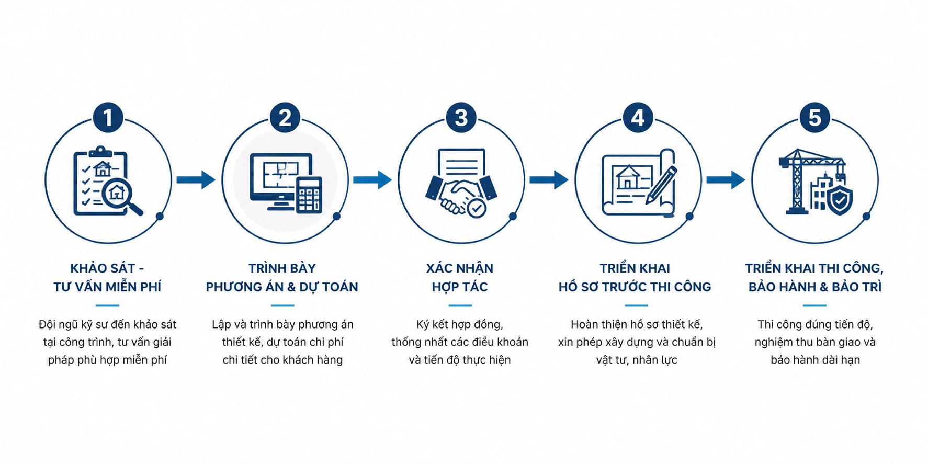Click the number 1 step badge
(x=108, y=118)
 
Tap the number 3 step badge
(x=461, y=118)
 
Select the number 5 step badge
(x=814, y=118)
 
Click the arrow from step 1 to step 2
(x=196, y=180)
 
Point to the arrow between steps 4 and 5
(x=726, y=180)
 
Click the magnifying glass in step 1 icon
(x=122, y=197)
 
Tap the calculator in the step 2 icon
(x=309, y=195)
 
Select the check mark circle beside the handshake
(x=477, y=208)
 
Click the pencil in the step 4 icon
(x=661, y=185)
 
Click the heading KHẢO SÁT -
(x=107, y=268)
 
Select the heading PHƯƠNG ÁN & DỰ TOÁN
(x=282, y=287)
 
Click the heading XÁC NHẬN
(x=460, y=268)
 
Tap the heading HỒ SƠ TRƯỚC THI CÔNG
(x=635, y=287)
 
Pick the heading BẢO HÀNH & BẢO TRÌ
(x=815, y=287)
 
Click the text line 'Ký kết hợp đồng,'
(x=460, y=325)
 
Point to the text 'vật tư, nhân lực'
(x=637, y=360)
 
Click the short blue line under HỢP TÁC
(x=460, y=305)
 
